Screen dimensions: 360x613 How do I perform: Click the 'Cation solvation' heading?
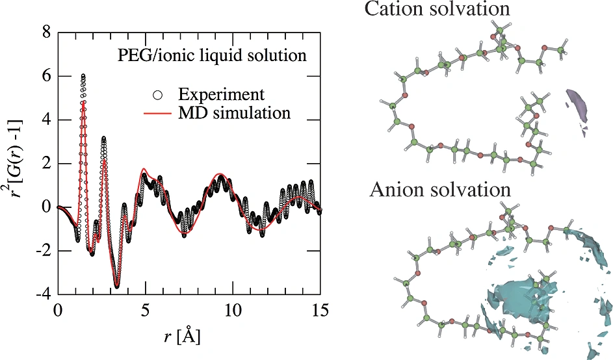point(437,9)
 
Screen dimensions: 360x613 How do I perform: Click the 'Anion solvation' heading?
point(440,190)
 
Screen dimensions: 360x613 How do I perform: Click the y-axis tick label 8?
point(45,32)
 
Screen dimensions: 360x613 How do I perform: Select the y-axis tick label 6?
point(45,76)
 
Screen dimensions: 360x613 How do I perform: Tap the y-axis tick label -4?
point(42,294)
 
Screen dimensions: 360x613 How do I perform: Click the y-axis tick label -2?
point(42,251)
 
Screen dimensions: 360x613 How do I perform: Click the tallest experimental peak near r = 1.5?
point(83,76)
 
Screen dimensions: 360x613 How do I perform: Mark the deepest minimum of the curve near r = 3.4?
point(117,286)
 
